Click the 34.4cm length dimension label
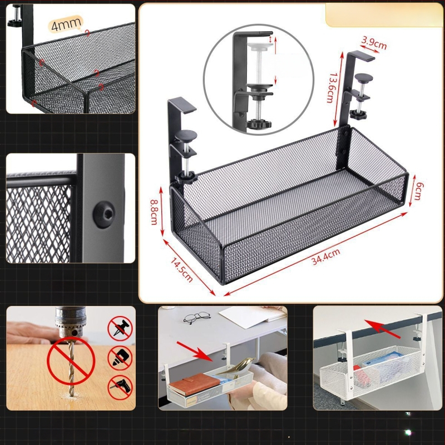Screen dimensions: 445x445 [325, 256]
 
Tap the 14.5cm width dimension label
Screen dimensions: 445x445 [182, 270]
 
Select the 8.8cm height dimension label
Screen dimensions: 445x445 [154, 212]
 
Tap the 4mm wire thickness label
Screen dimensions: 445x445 [66, 24]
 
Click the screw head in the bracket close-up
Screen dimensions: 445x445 [104, 214]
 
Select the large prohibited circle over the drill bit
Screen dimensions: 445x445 [71, 360]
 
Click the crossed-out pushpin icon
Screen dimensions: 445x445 [120, 329]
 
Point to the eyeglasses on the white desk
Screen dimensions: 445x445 [197, 317]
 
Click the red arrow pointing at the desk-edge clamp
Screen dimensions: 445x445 [382, 329]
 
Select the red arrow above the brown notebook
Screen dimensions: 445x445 [194, 352]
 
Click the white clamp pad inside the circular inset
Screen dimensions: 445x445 [260, 46]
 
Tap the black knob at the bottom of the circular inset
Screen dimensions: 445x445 [259, 123]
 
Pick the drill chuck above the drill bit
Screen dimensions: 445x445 [67, 322]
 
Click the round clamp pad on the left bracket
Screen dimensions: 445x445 [186, 136]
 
